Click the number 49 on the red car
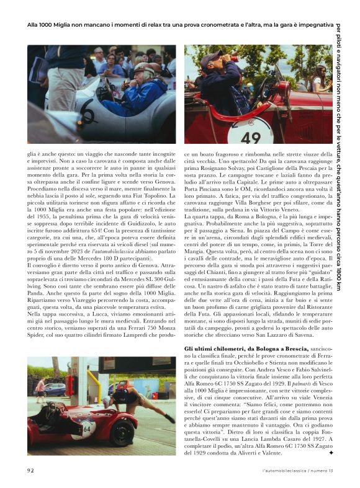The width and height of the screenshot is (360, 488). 251,137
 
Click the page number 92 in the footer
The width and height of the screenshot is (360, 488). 30,471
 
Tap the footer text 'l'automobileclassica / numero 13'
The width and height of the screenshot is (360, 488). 298,471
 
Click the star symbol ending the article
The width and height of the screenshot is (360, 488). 331,453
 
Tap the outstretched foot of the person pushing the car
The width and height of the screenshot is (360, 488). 169,419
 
